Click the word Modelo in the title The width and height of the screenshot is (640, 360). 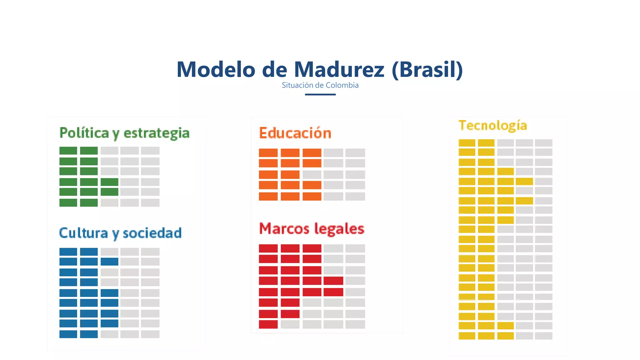tap(216, 69)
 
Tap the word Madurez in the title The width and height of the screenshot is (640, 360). tap(339, 69)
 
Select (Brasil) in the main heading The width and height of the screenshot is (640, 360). tap(427, 69)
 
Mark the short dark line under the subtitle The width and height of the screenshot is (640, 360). tap(320, 94)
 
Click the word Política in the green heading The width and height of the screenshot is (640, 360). tap(84, 133)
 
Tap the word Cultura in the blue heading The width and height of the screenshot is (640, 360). tap(83, 233)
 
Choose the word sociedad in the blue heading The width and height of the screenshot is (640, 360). tap(152, 233)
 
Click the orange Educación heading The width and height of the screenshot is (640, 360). tap(295, 133)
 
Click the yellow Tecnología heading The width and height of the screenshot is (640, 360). tap(493, 126)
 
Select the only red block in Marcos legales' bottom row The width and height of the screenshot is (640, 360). tap(268, 324)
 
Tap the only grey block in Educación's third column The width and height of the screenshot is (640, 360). tap(312, 174)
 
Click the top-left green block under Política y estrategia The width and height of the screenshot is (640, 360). tap(68, 151)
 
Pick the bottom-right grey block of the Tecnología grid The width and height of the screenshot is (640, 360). tap(543, 336)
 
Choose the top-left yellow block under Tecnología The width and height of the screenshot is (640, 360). tap(467, 143)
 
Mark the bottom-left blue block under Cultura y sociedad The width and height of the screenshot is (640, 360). tap(68, 334)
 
